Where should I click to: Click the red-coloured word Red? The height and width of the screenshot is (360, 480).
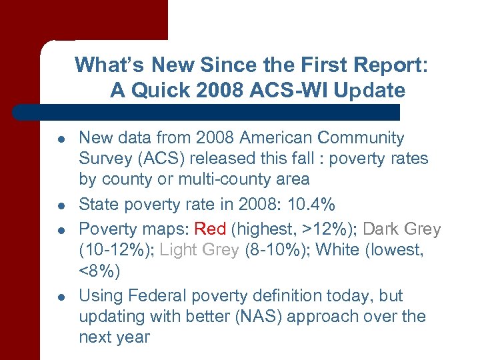pyautogui.click(x=210, y=229)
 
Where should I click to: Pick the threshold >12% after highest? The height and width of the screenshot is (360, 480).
pyautogui.click(x=322, y=229)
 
